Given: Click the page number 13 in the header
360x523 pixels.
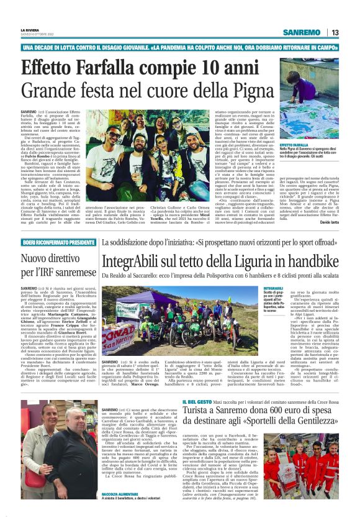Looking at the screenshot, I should coord(335,32).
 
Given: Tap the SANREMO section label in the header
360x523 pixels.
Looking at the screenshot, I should coord(300,32).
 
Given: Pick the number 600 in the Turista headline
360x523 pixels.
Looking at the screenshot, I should coord(272,414).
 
